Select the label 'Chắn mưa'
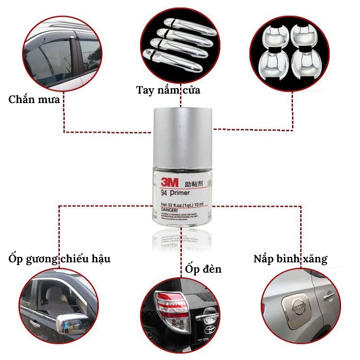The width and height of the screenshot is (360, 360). coord(34,99)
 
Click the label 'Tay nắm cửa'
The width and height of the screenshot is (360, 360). coord(168,90)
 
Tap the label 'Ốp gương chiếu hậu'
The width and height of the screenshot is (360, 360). coord(59,259)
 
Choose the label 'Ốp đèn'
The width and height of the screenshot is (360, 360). coord(203,269)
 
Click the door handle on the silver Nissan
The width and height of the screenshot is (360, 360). coord(326,296)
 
